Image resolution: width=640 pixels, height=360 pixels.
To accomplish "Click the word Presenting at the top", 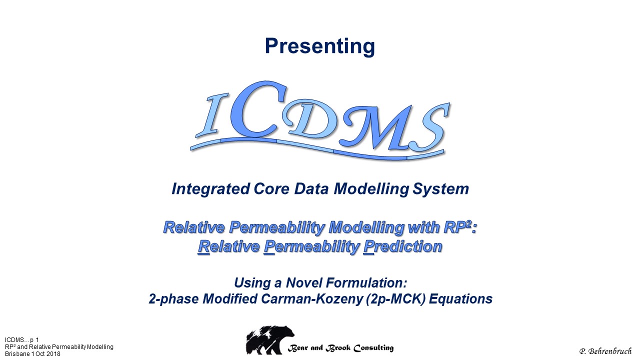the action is click(319, 46).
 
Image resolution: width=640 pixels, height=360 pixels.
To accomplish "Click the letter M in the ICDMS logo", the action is click(380, 127).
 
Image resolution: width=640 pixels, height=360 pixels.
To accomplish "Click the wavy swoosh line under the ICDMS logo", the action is click(317, 148).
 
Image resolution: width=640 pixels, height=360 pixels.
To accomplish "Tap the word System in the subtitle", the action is click(440, 189).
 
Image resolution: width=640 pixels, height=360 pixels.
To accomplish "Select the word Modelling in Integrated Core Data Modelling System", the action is click(371, 189).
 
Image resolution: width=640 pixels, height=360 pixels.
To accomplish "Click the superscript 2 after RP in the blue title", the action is click(468, 224).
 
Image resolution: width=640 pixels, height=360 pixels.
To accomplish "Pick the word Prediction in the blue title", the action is click(403, 246).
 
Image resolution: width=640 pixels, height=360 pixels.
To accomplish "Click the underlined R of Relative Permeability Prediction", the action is click(203, 247).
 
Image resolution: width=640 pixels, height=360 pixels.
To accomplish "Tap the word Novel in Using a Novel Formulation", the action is click(304, 283).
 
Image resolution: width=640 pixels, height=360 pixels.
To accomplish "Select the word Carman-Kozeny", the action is click(312, 299).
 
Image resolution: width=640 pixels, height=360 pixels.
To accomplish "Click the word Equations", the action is click(461, 299).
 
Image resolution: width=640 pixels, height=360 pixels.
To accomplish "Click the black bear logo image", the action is click(270, 340).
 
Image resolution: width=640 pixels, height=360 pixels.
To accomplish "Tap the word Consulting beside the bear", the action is click(373, 348).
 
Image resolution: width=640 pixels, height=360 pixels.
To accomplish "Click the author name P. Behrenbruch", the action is click(605, 351).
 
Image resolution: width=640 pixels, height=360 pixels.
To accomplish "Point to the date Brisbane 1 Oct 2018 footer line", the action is click(32, 354).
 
